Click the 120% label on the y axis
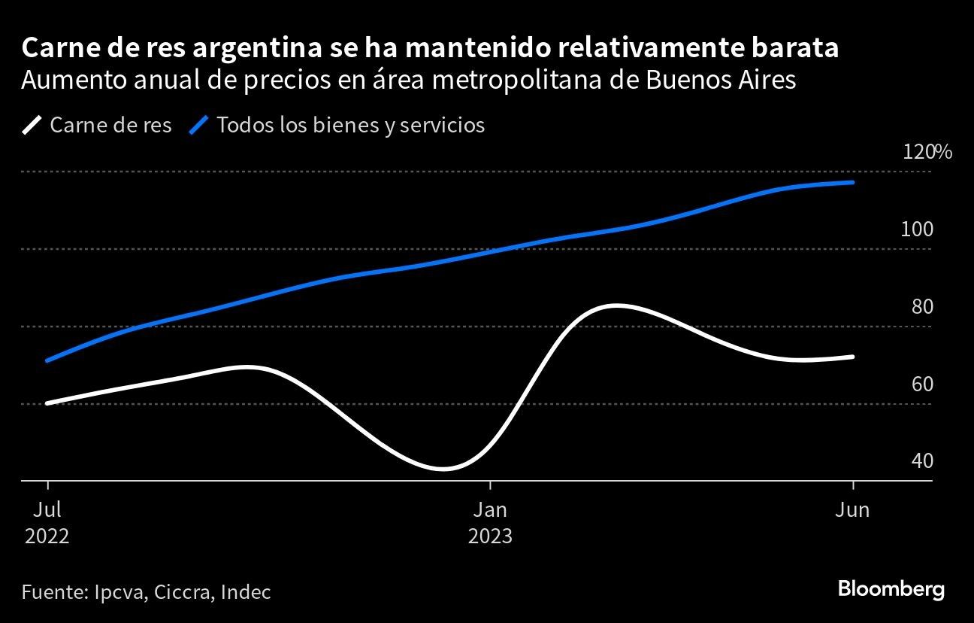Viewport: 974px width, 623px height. click(927, 152)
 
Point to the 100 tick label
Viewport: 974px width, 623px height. click(917, 229)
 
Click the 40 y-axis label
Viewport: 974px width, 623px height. click(921, 460)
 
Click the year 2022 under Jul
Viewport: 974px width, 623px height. click(47, 536)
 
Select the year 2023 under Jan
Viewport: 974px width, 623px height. click(490, 536)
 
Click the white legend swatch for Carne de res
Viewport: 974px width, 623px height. click(32, 125)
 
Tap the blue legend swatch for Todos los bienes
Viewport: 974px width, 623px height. click(199, 125)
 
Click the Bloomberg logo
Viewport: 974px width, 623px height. click(891, 589)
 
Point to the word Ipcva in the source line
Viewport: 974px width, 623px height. click(120, 592)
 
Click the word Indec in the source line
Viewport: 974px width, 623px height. click(245, 592)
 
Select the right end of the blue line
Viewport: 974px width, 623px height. click(853, 182)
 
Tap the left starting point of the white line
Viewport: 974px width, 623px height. click(47, 403)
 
